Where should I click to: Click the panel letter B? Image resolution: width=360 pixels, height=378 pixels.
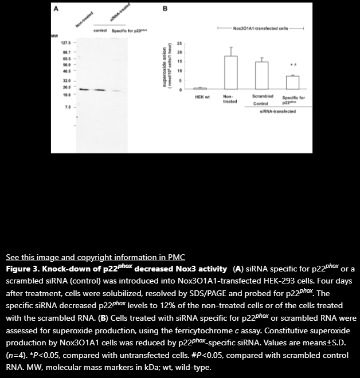pos(165,9)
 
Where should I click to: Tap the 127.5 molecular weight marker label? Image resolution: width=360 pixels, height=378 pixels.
pos(66,44)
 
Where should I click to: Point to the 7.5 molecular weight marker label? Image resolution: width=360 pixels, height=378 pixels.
pos(68,107)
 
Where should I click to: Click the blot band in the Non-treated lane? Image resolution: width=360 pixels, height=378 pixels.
pos(84,89)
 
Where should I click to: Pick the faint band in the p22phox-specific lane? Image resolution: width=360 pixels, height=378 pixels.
pos(116,90)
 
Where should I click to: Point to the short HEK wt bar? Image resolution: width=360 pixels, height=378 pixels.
pos(199,88)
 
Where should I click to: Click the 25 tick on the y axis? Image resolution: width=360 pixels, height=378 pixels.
pos(179,44)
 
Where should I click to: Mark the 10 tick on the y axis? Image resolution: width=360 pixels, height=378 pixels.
pos(179,70)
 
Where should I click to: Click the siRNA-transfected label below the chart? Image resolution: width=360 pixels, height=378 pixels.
pos(277,112)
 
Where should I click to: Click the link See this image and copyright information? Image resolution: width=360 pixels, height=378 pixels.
pos(95,257)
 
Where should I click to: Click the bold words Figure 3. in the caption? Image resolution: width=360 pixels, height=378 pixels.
pos(22,268)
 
